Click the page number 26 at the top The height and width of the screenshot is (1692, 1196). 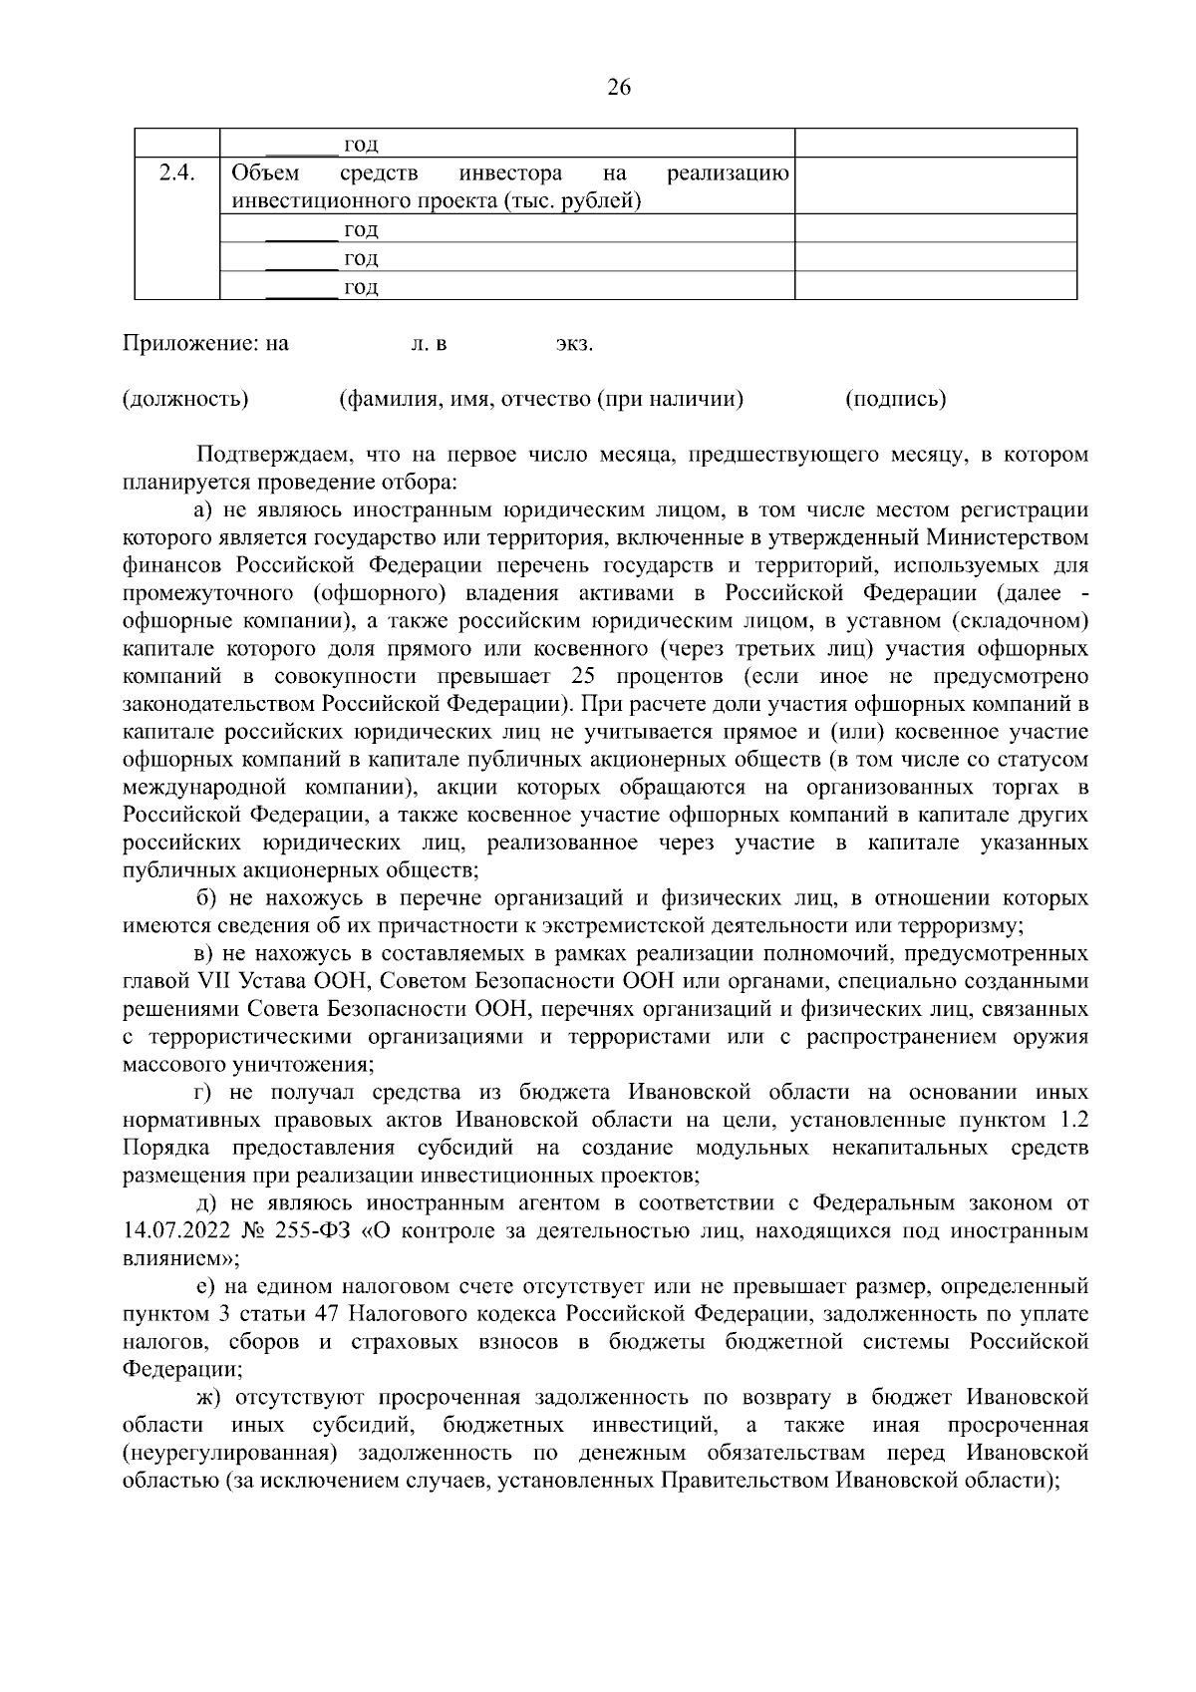point(618,88)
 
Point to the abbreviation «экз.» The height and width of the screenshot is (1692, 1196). point(574,345)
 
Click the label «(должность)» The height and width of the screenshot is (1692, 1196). point(185,400)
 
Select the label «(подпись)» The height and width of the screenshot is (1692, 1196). point(895,400)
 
